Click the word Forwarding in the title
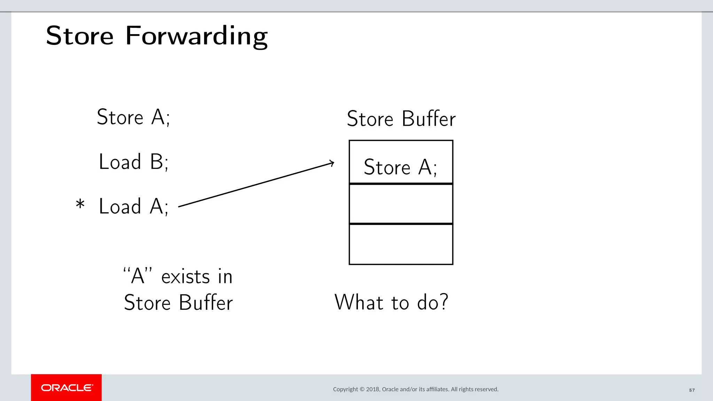[x=196, y=36]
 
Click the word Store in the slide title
[x=80, y=36]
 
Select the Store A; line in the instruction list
[x=133, y=117]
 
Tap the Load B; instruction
[x=134, y=162]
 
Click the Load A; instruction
[x=134, y=206]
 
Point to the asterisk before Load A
[x=80, y=204]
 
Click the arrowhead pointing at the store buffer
[x=332, y=163]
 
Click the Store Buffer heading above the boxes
[x=401, y=119]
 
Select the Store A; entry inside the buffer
[x=400, y=167]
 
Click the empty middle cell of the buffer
[x=401, y=204]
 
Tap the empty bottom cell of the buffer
[x=401, y=244]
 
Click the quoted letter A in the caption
[x=138, y=276]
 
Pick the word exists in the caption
[x=185, y=277]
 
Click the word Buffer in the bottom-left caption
[x=206, y=302]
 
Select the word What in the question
[x=359, y=302]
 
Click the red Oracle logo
[x=66, y=388]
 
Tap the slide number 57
[x=692, y=390]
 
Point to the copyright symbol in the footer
[x=362, y=389]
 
